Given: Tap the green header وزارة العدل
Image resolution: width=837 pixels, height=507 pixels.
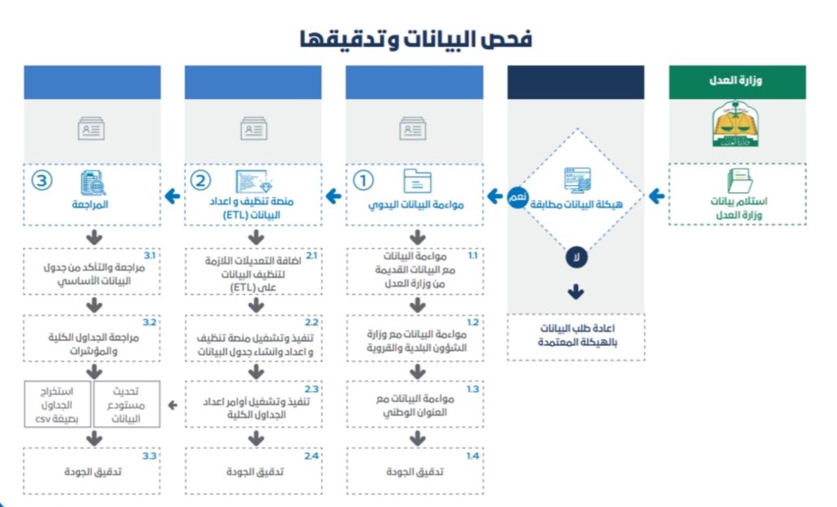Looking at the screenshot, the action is [x=737, y=82].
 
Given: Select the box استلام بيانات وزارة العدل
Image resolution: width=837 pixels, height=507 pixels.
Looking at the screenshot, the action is [x=737, y=195].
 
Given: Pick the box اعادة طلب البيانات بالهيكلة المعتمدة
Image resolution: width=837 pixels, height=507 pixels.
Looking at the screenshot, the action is [x=575, y=336].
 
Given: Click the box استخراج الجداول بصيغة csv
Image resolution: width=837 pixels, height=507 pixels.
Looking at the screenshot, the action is [x=57, y=403].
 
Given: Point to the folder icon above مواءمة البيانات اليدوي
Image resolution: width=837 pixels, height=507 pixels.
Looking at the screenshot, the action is [x=416, y=181].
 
